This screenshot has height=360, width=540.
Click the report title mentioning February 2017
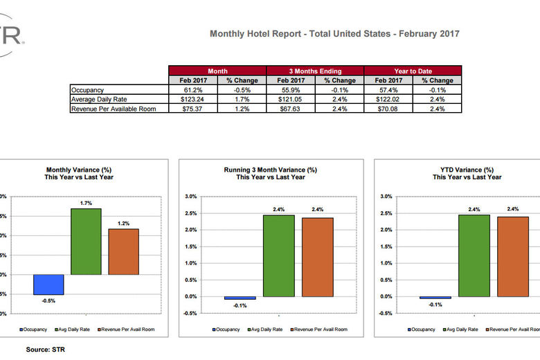click(334, 33)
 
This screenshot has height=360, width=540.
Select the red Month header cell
click(217, 71)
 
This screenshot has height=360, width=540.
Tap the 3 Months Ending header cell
click(315, 71)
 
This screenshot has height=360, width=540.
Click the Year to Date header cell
click(413, 71)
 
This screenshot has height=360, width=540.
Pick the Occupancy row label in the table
click(89, 90)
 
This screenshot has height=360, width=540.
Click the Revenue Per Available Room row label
click(113, 109)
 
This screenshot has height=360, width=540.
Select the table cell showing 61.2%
click(192, 90)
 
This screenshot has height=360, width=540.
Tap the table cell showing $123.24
click(192, 100)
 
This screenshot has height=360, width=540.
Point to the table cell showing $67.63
click(290, 109)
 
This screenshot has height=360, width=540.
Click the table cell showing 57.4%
click(388, 90)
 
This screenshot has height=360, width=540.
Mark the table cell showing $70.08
click(388, 109)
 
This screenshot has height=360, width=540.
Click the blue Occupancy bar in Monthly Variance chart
click(48, 285)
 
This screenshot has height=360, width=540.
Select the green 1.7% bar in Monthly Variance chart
click(86, 241)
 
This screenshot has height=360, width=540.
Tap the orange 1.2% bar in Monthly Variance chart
click(123, 251)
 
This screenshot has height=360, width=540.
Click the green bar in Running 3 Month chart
click(278, 255)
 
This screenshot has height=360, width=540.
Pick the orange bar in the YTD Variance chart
click(513, 256)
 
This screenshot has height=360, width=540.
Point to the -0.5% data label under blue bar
click(48, 301)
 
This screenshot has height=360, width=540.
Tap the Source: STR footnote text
click(45, 350)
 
